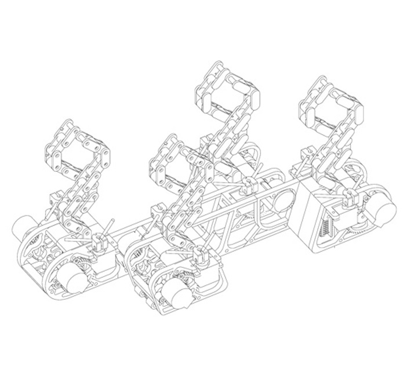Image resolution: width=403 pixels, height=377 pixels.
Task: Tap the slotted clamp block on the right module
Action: [x=350, y=200]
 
